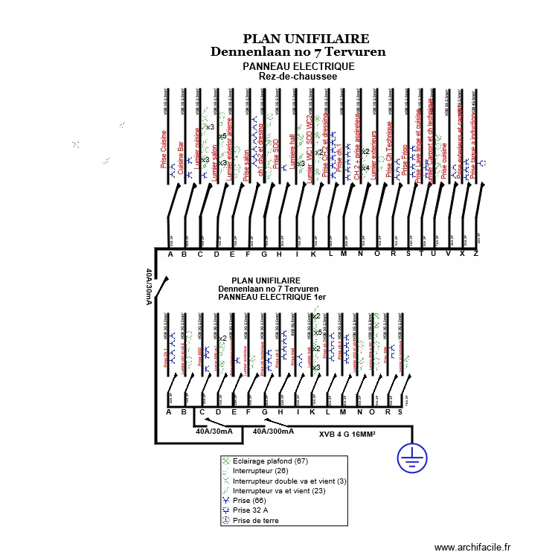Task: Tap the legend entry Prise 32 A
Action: tap(251, 510)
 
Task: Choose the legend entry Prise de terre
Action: tap(256, 521)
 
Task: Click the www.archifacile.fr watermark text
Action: tap(473, 547)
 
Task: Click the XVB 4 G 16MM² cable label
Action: tap(347, 434)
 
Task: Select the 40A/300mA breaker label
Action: tap(273, 431)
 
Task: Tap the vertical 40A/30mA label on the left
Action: tap(149, 286)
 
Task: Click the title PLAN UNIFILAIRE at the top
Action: tap(306, 39)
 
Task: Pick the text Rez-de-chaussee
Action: tap(298, 76)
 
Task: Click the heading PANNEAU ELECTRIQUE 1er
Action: tap(272, 297)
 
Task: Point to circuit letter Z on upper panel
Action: tap(475, 254)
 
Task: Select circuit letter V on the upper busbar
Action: tap(448, 254)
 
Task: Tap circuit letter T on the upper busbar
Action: tap(421, 254)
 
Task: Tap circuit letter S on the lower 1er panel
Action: tap(400, 412)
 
